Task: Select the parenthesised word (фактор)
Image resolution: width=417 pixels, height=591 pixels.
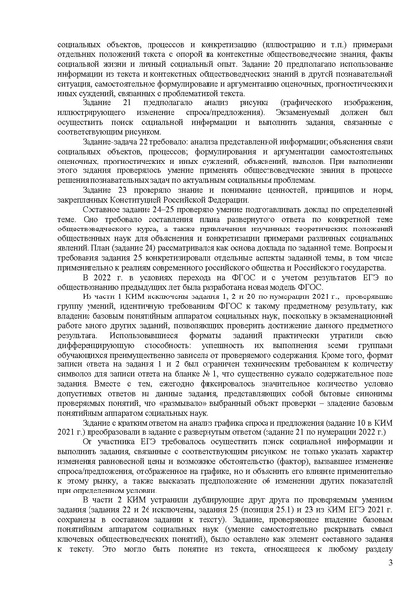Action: coord(271,473)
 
